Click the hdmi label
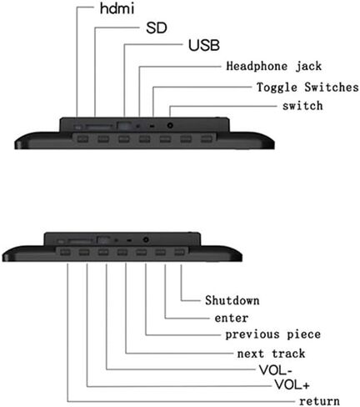click(x=117, y=8)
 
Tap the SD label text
click(x=157, y=28)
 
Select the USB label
click(x=204, y=45)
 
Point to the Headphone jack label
click(x=274, y=67)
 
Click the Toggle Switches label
click(x=307, y=88)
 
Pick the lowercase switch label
click(x=302, y=106)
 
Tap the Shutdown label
click(x=232, y=300)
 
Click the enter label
click(x=232, y=319)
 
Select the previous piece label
click(x=272, y=334)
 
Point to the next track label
click(x=271, y=354)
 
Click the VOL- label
click(x=275, y=370)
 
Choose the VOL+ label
click(x=292, y=385)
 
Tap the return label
click(x=319, y=401)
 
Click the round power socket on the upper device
click(x=170, y=125)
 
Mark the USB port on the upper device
click(x=124, y=125)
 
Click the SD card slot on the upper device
click(x=98, y=127)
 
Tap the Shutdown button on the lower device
click(x=179, y=253)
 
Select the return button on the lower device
click(x=65, y=253)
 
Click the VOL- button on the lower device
click(x=103, y=253)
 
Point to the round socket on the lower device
click(x=146, y=239)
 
